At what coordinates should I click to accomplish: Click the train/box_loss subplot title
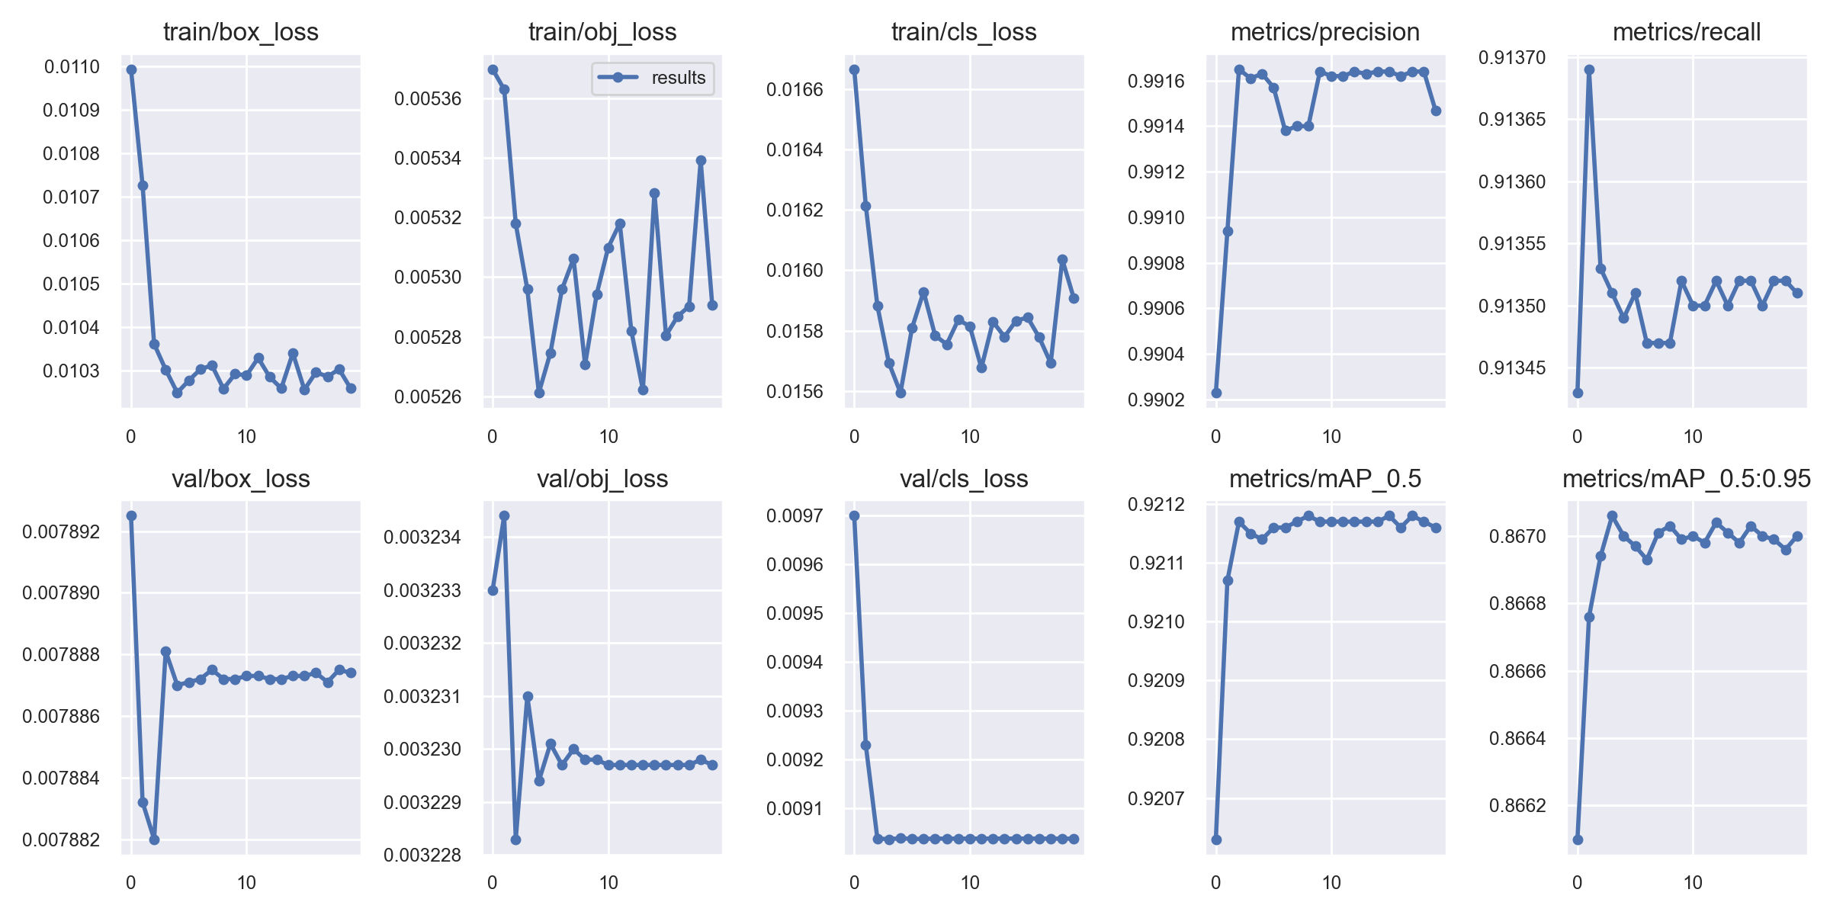pyautogui.click(x=240, y=32)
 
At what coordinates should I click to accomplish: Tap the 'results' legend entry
pyautogui.click(x=678, y=78)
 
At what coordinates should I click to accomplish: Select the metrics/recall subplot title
pyautogui.click(x=1687, y=32)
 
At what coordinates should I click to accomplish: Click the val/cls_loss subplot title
pyautogui.click(x=964, y=479)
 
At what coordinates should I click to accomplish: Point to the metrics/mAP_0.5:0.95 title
pyautogui.click(x=1687, y=479)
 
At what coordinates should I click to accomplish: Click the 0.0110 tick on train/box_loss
pyautogui.click(x=72, y=67)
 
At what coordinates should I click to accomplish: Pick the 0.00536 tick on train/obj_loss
pyautogui.click(x=428, y=99)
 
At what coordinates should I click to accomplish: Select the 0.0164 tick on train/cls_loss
pyautogui.click(x=795, y=150)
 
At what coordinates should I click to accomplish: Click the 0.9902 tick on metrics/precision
pyautogui.click(x=1156, y=400)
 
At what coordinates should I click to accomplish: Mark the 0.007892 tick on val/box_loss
pyautogui.click(x=61, y=531)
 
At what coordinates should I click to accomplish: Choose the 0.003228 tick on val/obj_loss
pyautogui.click(x=422, y=856)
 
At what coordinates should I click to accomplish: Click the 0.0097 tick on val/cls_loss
pyautogui.click(x=795, y=516)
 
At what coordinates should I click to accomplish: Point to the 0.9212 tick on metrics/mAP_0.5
pyautogui.click(x=1156, y=505)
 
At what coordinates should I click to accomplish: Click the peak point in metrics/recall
pyautogui.click(x=1589, y=69)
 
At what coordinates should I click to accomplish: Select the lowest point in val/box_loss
pyautogui.click(x=154, y=840)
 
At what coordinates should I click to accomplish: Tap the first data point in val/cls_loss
pyautogui.click(x=854, y=516)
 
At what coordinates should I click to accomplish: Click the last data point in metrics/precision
pyautogui.click(x=1436, y=111)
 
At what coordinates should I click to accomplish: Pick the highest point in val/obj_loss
pyautogui.click(x=504, y=516)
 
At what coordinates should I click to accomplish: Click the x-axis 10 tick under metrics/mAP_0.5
pyautogui.click(x=1331, y=883)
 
